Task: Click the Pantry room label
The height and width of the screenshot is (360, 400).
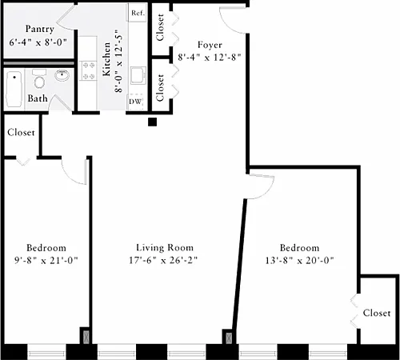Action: (x=40, y=29)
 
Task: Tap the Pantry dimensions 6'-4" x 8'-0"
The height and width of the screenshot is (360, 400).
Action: (x=38, y=42)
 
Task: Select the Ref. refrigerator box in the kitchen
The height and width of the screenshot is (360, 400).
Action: (x=138, y=13)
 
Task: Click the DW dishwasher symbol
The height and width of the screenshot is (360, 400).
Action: (x=135, y=102)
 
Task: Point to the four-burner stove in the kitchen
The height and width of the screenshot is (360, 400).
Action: (x=88, y=70)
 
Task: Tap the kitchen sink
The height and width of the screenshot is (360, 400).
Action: (x=138, y=75)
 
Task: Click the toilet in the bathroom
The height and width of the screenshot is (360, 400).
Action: (x=39, y=79)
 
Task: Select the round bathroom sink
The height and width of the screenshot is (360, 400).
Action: (x=62, y=75)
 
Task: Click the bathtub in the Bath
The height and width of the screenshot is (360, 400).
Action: (x=14, y=89)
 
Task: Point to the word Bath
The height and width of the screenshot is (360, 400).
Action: (x=38, y=98)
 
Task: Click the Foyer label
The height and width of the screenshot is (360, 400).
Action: (x=210, y=45)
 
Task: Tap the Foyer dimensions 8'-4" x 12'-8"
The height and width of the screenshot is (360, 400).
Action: (x=210, y=58)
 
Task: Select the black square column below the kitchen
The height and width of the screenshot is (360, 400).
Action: (x=152, y=122)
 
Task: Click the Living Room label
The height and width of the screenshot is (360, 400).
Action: (x=165, y=248)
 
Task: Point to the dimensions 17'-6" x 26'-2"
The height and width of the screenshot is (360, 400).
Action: (x=163, y=260)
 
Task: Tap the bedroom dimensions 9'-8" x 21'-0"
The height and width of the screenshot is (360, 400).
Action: (x=46, y=260)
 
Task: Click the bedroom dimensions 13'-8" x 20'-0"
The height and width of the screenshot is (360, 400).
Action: (x=299, y=260)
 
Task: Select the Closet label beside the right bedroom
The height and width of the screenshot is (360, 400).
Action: (x=377, y=313)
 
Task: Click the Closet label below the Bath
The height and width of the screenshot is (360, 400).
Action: (x=21, y=132)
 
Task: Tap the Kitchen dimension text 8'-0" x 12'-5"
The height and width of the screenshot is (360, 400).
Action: (x=118, y=64)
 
